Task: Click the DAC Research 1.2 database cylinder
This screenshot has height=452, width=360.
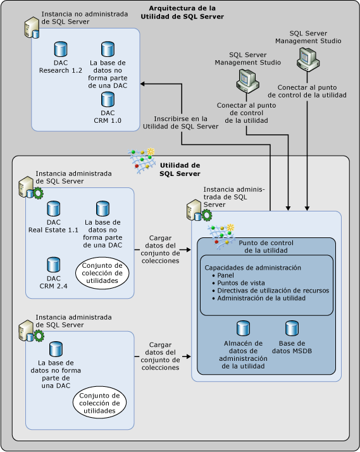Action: [x=61, y=48]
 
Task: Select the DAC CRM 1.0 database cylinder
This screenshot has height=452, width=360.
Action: [x=108, y=99]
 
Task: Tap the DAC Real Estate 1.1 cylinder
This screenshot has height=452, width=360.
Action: [x=54, y=208]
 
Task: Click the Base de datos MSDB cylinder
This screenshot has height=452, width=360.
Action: [x=291, y=328]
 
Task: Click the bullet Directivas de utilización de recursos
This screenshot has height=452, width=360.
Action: [x=270, y=291]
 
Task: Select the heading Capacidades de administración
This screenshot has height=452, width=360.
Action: [x=251, y=267]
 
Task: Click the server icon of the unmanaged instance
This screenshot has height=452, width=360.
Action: [x=30, y=28]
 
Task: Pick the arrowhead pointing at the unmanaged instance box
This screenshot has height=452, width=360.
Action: [x=143, y=83]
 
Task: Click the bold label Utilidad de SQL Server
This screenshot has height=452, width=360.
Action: [x=180, y=169]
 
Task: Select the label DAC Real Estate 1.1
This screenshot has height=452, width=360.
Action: [x=54, y=227]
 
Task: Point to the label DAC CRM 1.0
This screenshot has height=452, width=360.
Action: [x=108, y=116]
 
